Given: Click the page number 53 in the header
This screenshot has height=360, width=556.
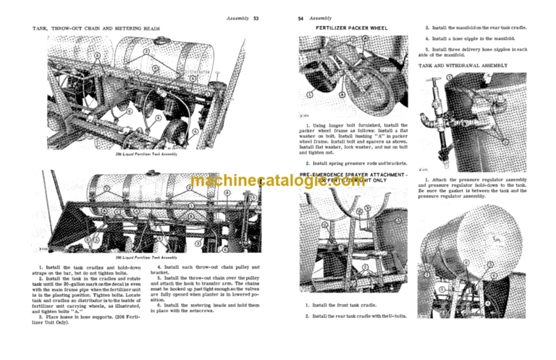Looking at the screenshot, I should tap(256, 17).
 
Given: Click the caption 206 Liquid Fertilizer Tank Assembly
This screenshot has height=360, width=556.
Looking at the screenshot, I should tap(146, 154).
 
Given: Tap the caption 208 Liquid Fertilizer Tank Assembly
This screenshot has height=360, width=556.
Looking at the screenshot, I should tap(146, 257).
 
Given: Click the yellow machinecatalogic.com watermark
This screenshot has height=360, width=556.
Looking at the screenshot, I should tap(278, 182).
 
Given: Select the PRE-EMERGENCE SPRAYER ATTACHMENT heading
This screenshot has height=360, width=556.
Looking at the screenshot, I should tap(352, 175).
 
